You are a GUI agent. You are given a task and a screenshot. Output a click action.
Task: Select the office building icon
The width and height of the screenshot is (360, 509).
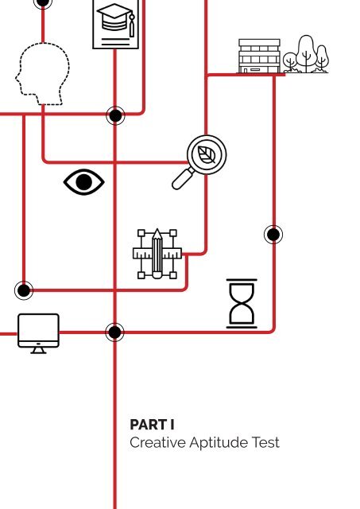click(x=259, y=56)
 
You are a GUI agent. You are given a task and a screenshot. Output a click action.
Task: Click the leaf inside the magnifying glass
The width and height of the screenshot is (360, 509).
click(x=207, y=154)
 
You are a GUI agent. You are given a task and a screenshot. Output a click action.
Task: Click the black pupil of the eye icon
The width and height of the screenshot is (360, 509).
click(x=83, y=182)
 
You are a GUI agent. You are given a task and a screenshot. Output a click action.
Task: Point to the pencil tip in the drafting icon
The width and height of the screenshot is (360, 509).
click(x=157, y=233)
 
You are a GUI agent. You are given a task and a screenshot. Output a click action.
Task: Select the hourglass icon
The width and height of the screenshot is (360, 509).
click(x=242, y=303)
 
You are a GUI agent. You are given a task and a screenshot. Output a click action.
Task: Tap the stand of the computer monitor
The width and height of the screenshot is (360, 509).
click(x=38, y=351)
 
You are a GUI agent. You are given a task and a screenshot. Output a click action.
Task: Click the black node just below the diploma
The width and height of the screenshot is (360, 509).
click(x=115, y=115)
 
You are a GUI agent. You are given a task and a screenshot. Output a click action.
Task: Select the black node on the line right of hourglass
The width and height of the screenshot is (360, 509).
click(x=273, y=235)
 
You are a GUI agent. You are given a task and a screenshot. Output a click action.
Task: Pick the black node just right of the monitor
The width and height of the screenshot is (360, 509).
click(x=114, y=332)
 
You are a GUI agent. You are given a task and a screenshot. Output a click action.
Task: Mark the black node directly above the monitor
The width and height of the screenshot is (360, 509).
click(x=24, y=290)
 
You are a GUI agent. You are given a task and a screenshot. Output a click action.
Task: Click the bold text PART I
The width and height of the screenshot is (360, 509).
click(x=152, y=425)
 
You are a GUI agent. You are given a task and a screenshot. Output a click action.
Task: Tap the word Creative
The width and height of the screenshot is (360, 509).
click(x=157, y=442)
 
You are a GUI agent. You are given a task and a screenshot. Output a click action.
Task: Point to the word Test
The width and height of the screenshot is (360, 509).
click(x=265, y=442)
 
